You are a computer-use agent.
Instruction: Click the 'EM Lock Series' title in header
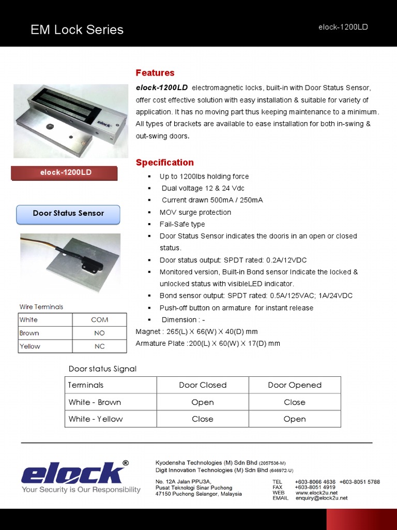(77, 30)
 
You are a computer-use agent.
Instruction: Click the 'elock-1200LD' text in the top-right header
(343, 27)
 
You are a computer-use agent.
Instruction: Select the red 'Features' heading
(155, 72)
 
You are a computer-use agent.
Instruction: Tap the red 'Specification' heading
(164, 163)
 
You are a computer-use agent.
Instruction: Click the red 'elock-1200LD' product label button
(66, 172)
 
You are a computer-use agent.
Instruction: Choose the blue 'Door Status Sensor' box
(68, 213)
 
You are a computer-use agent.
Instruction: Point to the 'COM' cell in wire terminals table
(99, 320)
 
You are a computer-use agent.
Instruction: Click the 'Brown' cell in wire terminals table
(29, 333)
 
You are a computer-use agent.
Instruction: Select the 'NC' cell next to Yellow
(99, 346)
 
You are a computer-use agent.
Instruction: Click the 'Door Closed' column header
(203, 385)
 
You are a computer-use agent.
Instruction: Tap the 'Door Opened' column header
(295, 385)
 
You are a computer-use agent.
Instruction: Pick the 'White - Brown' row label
(95, 402)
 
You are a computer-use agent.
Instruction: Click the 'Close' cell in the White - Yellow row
(203, 419)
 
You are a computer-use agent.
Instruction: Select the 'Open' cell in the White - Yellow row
(295, 419)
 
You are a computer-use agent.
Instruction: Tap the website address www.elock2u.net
(316, 493)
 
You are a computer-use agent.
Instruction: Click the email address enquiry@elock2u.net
(321, 498)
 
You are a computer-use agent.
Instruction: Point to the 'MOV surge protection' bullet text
(195, 212)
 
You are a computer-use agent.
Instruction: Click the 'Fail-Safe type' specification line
(182, 224)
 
